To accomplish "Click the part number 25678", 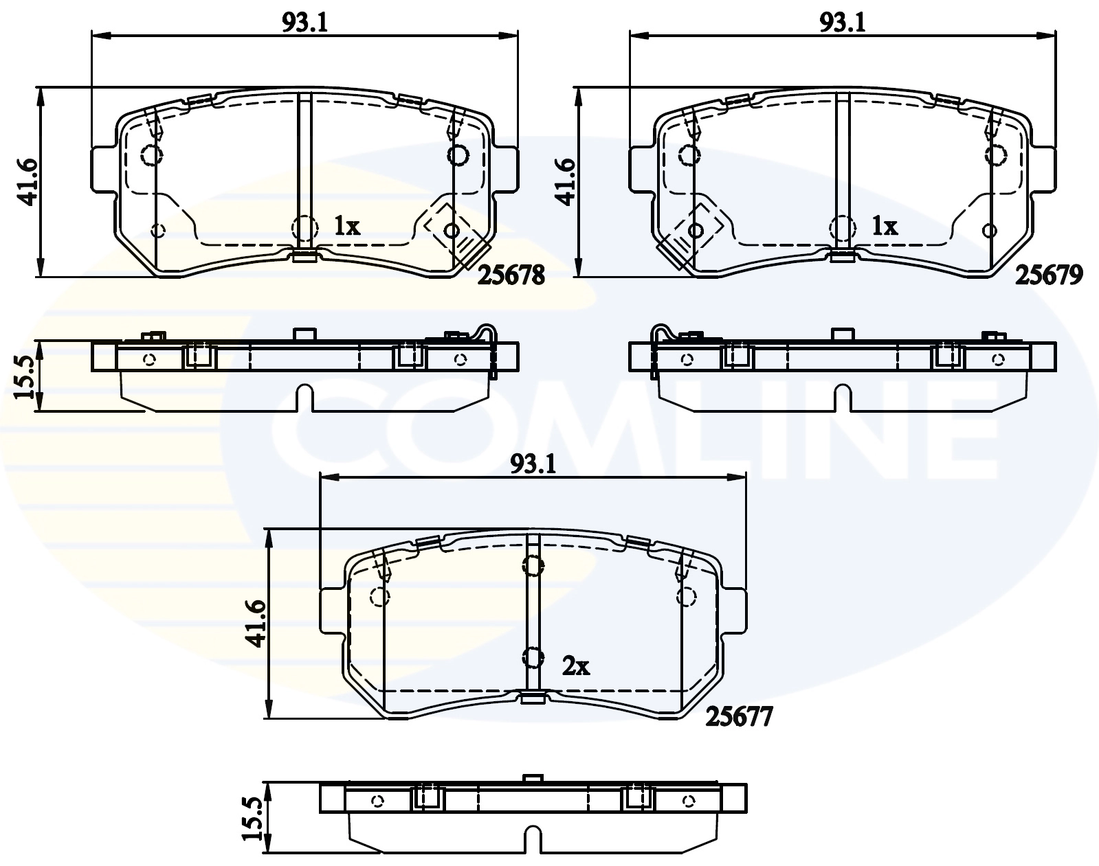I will coord(511,275).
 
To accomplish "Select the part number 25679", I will coord(1050,275).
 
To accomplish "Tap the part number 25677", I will coord(740,717).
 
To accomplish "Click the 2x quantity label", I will coord(576,665).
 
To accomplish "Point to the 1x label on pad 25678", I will coord(347,226).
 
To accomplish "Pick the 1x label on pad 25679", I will coord(885,226).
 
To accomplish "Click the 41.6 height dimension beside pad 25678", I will coord(28,182).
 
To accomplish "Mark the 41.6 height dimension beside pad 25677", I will coord(256,624).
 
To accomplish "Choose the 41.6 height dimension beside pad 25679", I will coord(565,182).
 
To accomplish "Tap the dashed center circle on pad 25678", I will coord(304,227).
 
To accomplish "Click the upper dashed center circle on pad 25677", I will coord(533,565).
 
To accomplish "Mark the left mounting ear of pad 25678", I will coord(102,168).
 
